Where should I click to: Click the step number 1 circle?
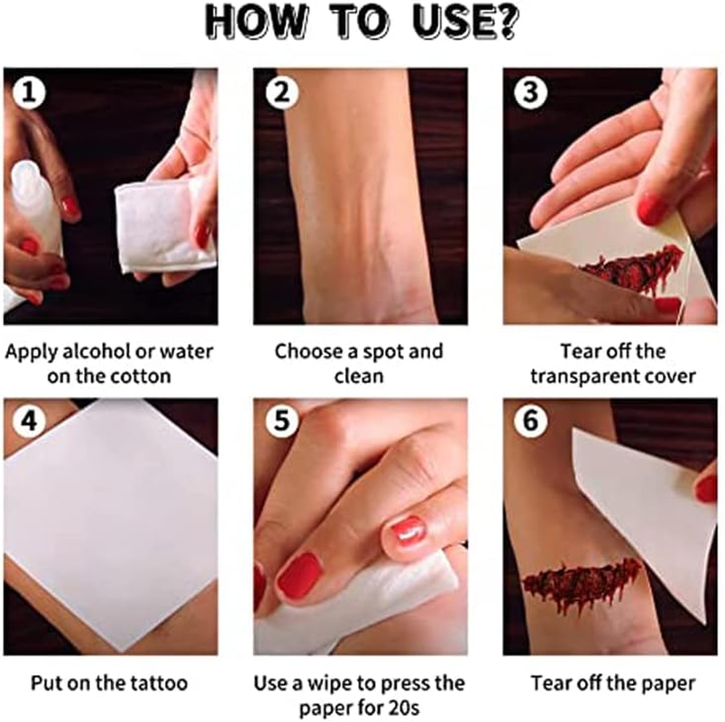[x=29, y=93]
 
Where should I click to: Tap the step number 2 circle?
[x=281, y=93]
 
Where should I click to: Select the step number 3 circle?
[x=531, y=93]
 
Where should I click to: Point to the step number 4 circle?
[x=29, y=421]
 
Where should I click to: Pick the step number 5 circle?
[x=281, y=421]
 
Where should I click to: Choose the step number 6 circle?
[x=531, y=421]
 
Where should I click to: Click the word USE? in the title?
[x=465, y=22]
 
